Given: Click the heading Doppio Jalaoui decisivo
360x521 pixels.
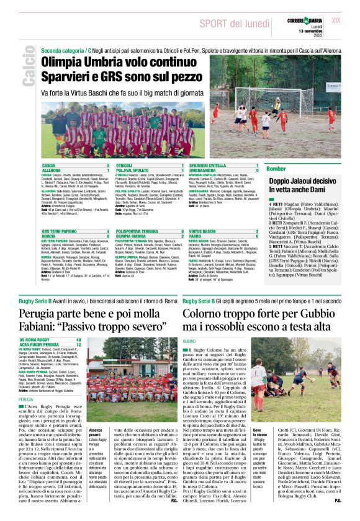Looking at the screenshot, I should click(302, 184).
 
